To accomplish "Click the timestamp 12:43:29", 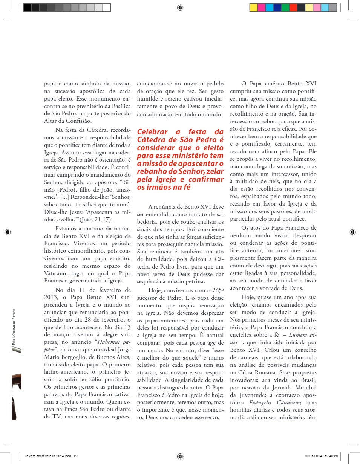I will point(331,456).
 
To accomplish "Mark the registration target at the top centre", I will point(180,7).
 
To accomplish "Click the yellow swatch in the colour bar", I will point(253,7).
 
